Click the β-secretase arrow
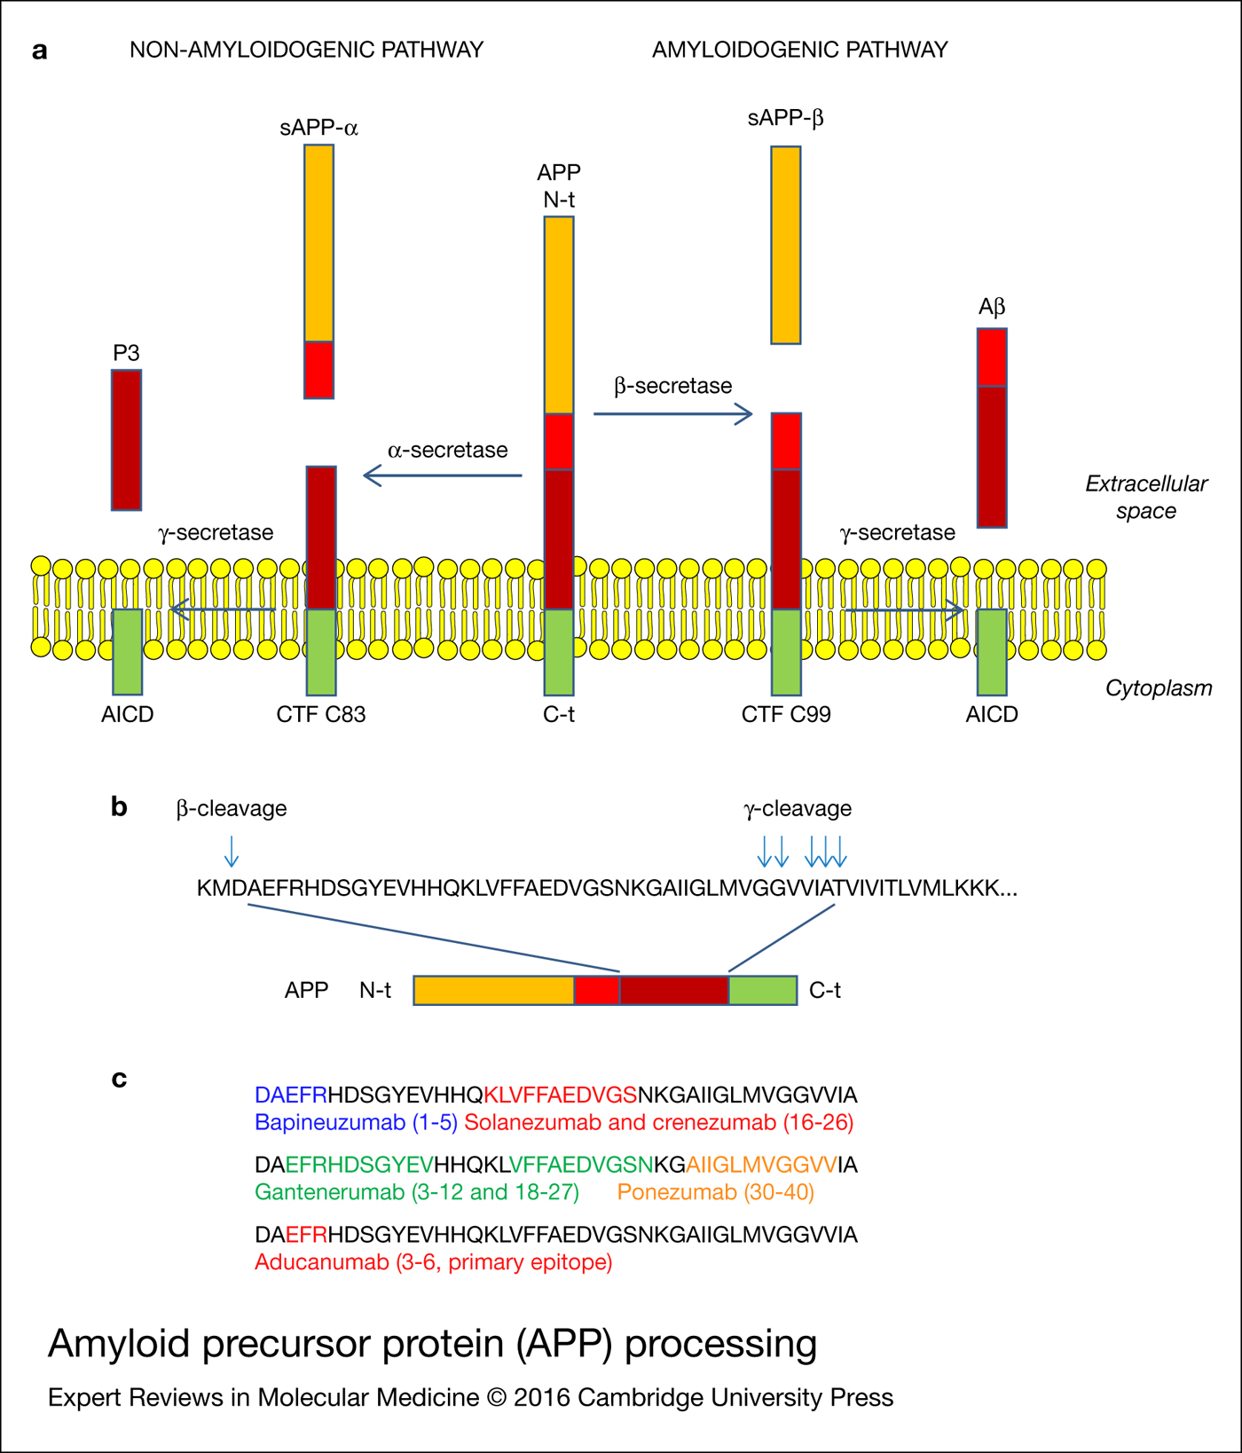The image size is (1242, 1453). [x=672, y=413]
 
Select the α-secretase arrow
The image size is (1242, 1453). [x=444, y=476]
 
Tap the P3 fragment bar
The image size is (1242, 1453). [x=126, y=439]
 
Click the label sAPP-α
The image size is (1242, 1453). [x=318, y=128]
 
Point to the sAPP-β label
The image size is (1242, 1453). [x=785, y=118]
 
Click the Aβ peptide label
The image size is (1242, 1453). [x=991, y=307]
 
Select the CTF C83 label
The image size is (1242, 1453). [x=320, y=714]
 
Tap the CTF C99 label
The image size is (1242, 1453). [x=786, y=714]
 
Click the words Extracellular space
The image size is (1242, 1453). [x=1146, y=497]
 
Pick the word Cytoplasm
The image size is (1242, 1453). [x=1158, y=688]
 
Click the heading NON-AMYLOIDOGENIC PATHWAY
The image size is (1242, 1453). [x=306, y=50]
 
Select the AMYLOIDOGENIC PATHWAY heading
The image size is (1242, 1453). [x=799, y=50]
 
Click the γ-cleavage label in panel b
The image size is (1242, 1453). [x=797, y=808]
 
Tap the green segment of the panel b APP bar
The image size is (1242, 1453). [x=762, y=990]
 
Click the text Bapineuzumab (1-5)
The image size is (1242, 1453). [x=356, y=1122]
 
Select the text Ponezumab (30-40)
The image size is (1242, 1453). [x=715, y=1191]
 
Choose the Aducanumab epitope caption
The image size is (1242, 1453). [x=433, y=1261]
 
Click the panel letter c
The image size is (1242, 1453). [x=119, y=1079]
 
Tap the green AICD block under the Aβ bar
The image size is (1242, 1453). [x=991, y=652]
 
